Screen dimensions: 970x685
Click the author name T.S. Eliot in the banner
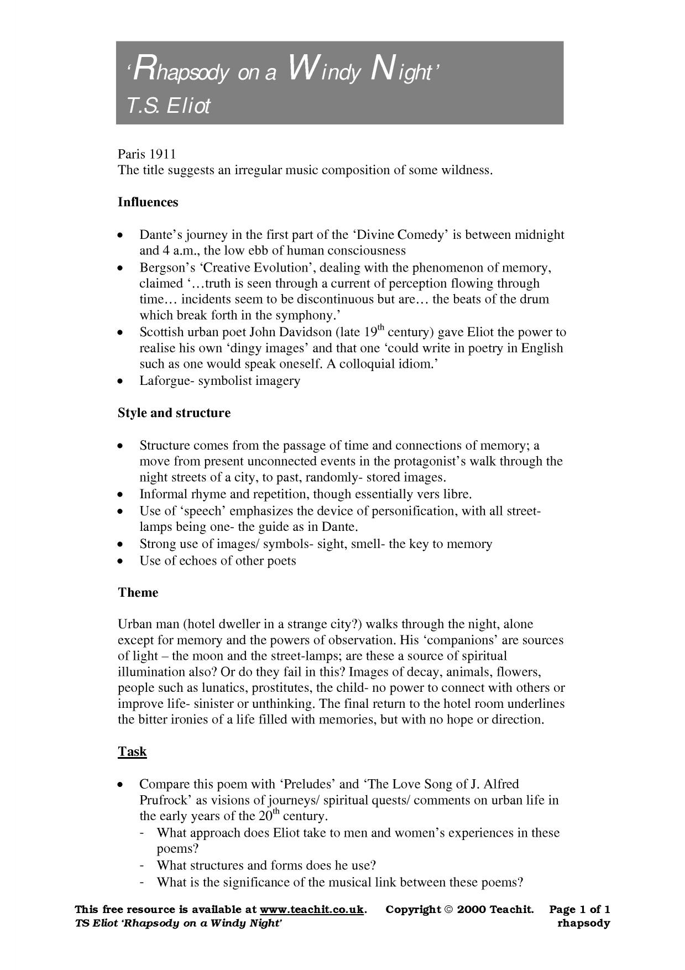[x=169, y=105]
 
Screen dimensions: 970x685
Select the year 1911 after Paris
[x=163, y=154]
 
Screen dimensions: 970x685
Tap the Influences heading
[x=148, y=202]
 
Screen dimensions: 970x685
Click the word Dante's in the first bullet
[x=160, y=234]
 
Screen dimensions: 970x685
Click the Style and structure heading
[x=174, y=413]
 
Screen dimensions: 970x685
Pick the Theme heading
[x=138, y=593]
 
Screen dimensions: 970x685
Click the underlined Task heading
[x=132, y=752]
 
